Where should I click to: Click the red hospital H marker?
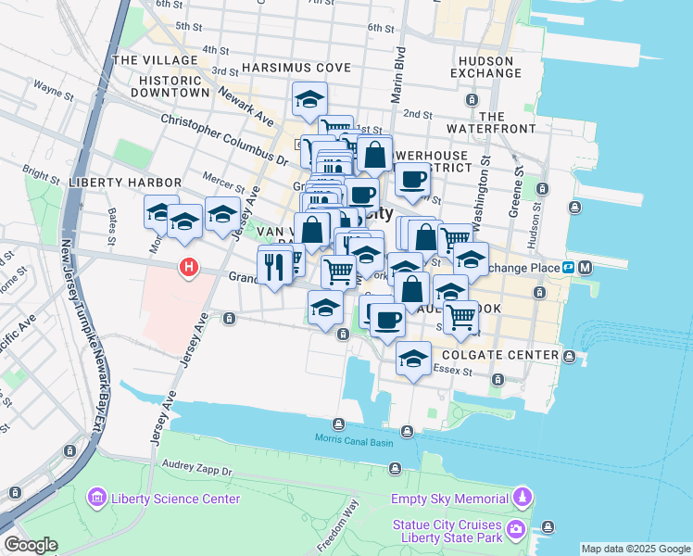pos(190,268)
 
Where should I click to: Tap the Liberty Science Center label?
pos(175,499)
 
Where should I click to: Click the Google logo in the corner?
pos(30,545)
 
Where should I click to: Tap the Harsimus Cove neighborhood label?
pos(296,69)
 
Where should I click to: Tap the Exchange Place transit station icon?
pos(586,268)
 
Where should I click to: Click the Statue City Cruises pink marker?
pos(517,530)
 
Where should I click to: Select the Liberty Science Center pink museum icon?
pos(96,499)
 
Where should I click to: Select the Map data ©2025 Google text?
pos(636,549)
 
